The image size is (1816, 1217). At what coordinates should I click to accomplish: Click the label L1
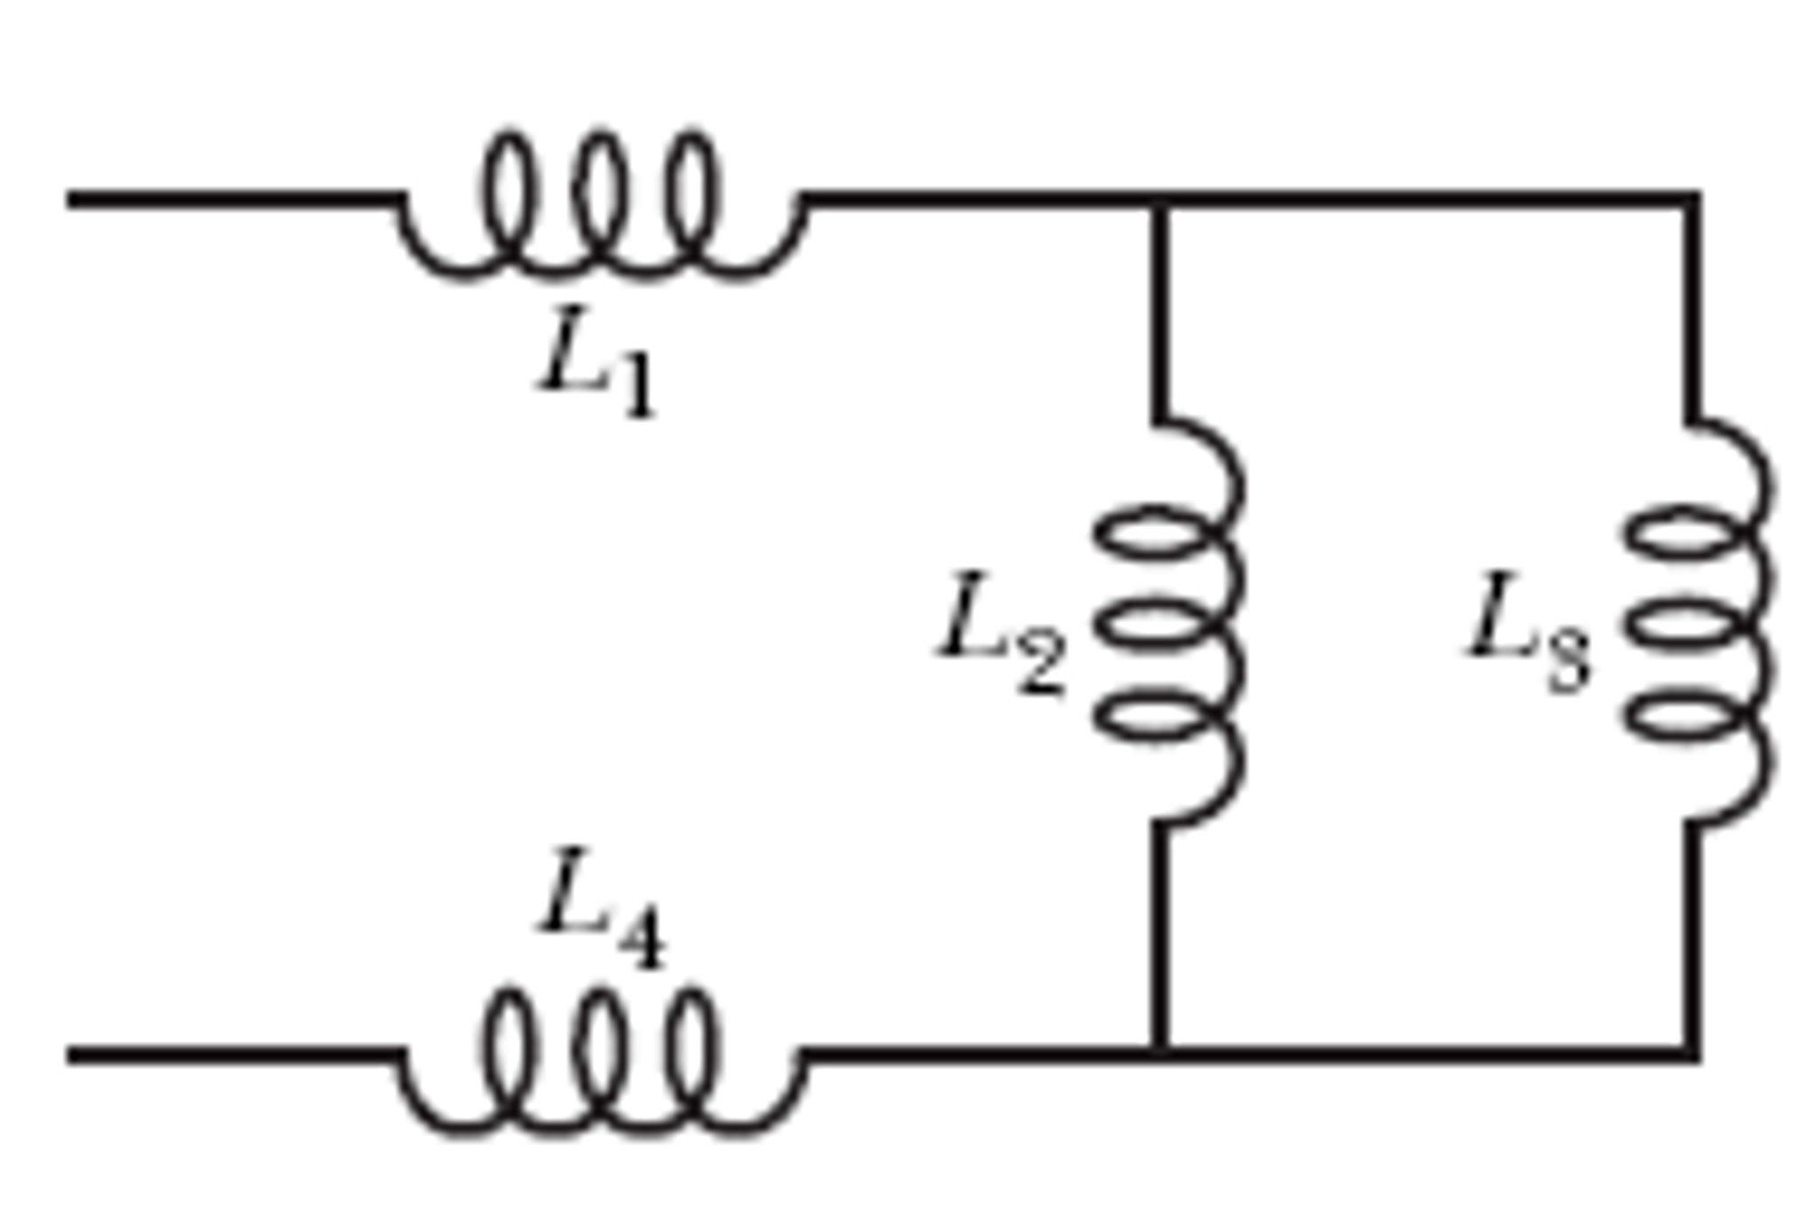pos(596,361)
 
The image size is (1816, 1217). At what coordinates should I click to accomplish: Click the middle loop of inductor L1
pos(601,195)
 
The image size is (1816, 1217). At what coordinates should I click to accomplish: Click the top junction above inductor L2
pos(1159,201)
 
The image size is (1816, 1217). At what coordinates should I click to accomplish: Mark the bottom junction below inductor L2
pos(1159,1054)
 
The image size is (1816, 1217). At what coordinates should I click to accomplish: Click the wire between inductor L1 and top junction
pos(976,201)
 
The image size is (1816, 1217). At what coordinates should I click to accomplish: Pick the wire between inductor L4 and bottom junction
pos(976,1054)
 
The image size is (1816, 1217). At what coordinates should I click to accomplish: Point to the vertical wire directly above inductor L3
pos(1692,311)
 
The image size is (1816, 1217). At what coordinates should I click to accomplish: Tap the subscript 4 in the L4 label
pos(641,941)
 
